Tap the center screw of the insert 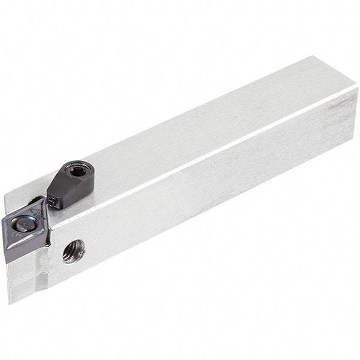22,226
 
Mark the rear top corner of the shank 313,57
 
